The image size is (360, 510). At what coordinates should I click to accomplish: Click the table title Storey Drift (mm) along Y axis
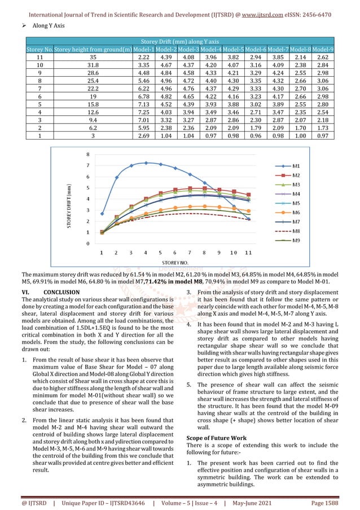pos(180,41)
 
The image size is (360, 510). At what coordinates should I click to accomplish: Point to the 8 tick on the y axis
pos(87,154)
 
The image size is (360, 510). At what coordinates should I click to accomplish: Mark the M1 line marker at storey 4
pos(146,163)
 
